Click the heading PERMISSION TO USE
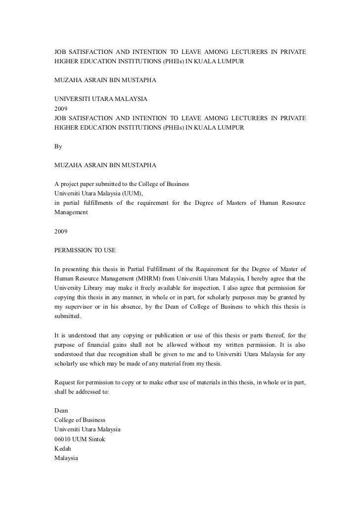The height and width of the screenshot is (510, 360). (x=85, y=250)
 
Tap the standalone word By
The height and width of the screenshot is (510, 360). (x=58, y=146)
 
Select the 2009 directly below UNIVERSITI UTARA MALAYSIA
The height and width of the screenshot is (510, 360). (x=61, y=108)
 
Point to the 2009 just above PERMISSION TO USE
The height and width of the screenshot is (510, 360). (x=61, y=231)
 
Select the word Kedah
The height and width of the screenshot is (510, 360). (x=63, y=449)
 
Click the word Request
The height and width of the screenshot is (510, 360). (x=65, y=382)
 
